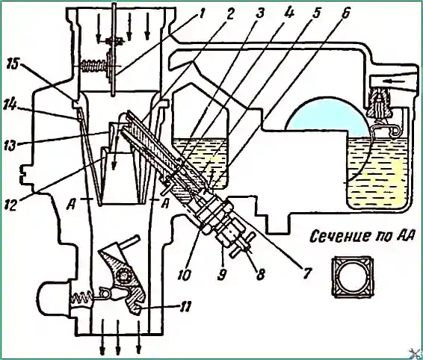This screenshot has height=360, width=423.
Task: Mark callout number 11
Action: pyautogui.click(x=185, y=307)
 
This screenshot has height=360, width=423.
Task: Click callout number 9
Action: pyautogui.click(x=221, y=275)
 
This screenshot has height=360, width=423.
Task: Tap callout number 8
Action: pyautogui.click(x=259, y=275)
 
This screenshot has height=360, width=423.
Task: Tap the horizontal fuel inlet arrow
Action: pyautogui.click(x=396, y=81)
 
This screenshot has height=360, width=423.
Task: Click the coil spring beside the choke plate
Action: pyautogui.click(x=93, y=66)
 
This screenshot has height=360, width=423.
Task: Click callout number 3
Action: pyautogui.click(x=259, y=13)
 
